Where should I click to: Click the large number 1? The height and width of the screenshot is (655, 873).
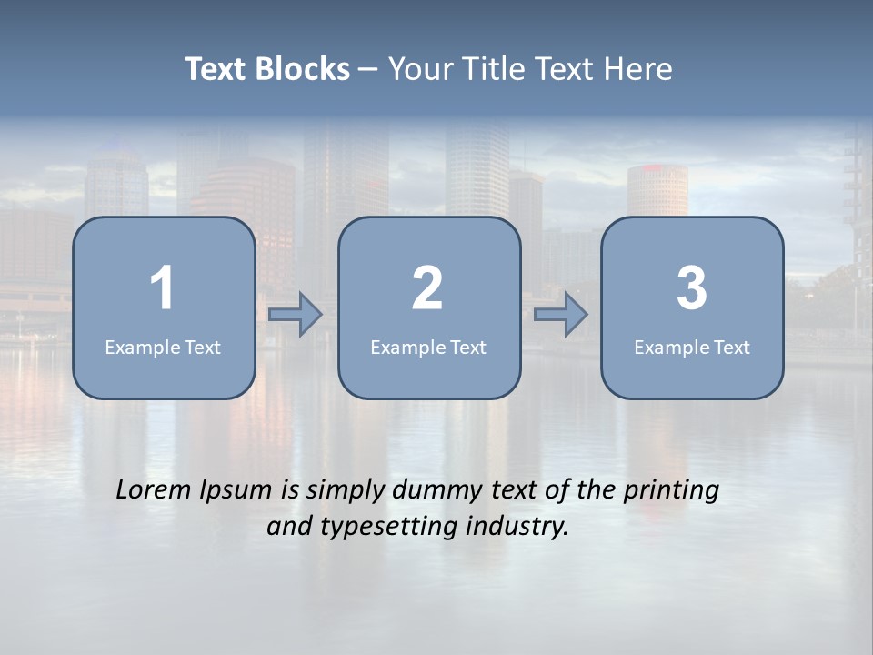(162, 288)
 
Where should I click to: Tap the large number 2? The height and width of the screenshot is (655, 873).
(427, 288)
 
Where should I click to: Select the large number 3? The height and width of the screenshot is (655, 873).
(692, 288)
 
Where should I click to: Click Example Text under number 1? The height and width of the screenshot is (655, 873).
(163, 347)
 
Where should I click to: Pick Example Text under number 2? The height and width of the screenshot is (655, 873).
(428, 347)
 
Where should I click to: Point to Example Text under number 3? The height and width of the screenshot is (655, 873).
(692, 347)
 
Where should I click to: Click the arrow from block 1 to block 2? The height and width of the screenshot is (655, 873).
(296, 315)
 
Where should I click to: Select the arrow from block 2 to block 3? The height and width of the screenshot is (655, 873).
(561, 315)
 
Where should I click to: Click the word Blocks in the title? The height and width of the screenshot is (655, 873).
(302, 69)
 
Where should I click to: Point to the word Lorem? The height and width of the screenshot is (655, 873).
(154, 490)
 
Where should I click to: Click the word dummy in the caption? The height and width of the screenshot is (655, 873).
(436, 490)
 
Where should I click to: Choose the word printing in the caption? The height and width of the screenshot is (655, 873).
(671, 490)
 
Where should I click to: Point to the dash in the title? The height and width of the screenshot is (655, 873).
(368, 70)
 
